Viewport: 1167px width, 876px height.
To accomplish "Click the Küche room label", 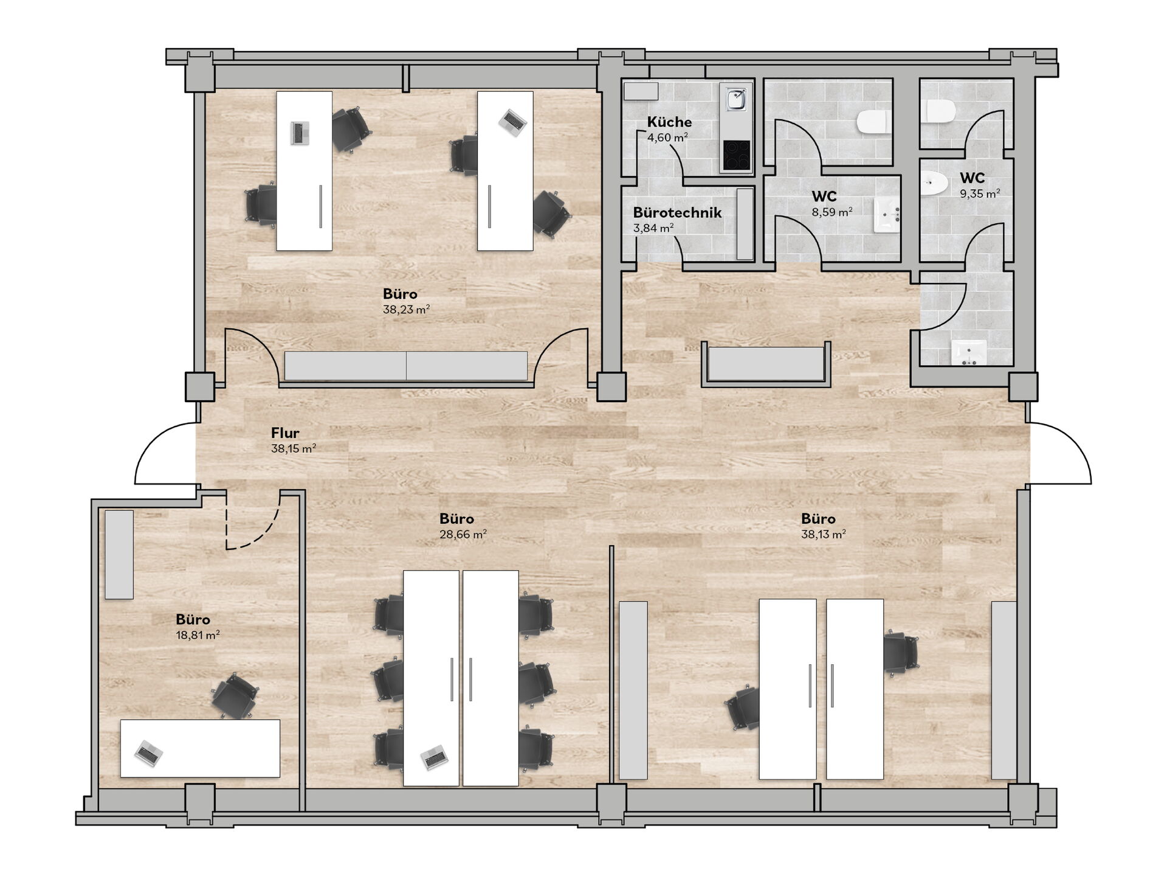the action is coord(669,122).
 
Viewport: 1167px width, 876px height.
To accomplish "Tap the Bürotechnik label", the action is coord(677,212).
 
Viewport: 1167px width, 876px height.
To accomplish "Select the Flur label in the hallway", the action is coord(285,433).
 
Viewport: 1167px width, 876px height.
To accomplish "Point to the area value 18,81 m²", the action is coord(198,635).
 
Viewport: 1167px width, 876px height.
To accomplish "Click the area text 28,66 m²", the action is coord(463,535).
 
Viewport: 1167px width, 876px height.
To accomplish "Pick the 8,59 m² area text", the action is coord(832,212).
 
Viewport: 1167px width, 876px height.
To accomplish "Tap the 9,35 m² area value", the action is coord(980,194).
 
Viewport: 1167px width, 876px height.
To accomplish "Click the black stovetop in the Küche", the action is coord(736,155).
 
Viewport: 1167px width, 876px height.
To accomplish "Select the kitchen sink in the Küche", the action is coord(736,100).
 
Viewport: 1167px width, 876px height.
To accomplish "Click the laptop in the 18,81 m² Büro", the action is coord(148,753).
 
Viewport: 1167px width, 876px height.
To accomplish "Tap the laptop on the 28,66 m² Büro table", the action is coord(435,757).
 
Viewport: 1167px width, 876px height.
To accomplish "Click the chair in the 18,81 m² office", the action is coord(235,695).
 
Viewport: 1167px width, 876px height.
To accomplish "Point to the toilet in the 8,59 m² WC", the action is coord(873,122).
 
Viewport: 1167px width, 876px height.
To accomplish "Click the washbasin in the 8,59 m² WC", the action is coord(887,215).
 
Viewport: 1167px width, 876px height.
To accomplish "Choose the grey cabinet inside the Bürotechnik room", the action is coord(745,224).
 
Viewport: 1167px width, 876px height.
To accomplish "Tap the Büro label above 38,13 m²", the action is coord(818,519).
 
